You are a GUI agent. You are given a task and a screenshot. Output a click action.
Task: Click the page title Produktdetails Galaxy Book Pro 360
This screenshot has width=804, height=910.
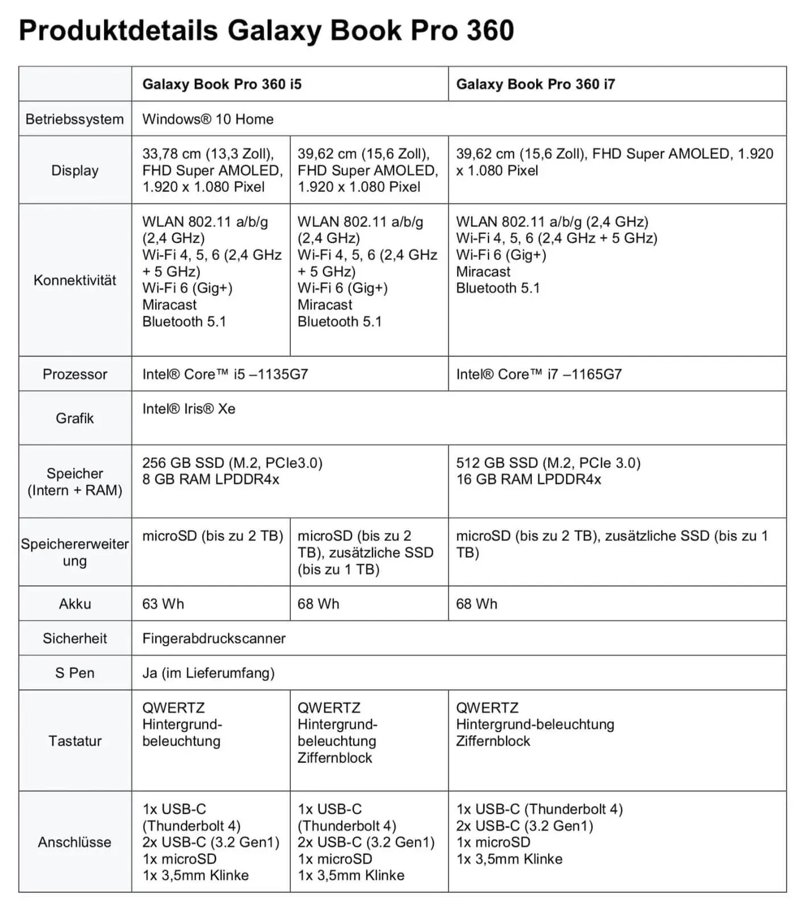[x=266, y=31]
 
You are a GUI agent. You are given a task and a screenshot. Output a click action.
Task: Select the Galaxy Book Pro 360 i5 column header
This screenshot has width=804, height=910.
[x=222, y=84]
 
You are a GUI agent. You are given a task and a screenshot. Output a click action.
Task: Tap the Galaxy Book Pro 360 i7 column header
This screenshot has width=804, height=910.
[x=535, y=84]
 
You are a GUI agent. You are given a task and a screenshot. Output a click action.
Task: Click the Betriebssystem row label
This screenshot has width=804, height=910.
[x=74, y=119]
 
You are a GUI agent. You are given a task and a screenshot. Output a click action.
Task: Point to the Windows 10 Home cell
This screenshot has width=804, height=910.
[x=208, y=119]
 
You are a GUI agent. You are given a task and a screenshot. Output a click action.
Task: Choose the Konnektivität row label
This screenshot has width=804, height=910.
[x=74, y=280]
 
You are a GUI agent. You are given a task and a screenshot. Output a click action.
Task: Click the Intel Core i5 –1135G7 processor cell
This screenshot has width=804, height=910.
[x=225, y=374]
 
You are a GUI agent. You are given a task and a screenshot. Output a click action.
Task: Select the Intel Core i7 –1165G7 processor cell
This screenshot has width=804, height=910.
[x=538, y=374]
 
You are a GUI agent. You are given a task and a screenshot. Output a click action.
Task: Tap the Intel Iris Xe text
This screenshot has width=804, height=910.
[x=188, y=409]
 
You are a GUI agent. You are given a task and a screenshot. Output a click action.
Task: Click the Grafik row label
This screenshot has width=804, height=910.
[x=74, y=419]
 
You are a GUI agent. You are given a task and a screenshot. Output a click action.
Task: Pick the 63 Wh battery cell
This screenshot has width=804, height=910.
[x=163, y=604]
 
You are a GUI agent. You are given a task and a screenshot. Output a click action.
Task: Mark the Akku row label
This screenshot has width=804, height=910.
[x=74, y=604]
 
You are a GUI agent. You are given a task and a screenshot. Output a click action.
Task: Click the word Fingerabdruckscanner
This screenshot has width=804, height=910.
[x=214, y=639]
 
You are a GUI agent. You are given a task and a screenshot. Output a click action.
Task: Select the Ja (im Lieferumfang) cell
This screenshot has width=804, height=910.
[x=208, y=673]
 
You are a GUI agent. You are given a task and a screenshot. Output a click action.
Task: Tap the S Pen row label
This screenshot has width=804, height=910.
[x=74, y=673]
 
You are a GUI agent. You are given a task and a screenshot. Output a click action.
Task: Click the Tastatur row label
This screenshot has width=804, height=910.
[x=74, y=741]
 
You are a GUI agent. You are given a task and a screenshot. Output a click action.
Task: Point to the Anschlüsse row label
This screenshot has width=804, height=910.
[x=74, y=842]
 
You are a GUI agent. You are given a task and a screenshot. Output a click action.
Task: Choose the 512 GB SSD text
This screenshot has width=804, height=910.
[x=496, y=463]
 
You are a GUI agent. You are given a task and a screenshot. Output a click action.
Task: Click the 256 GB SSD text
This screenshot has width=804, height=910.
[x=183, y=463]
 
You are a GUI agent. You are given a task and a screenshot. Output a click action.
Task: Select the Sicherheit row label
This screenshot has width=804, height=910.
[x=74, y=639]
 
